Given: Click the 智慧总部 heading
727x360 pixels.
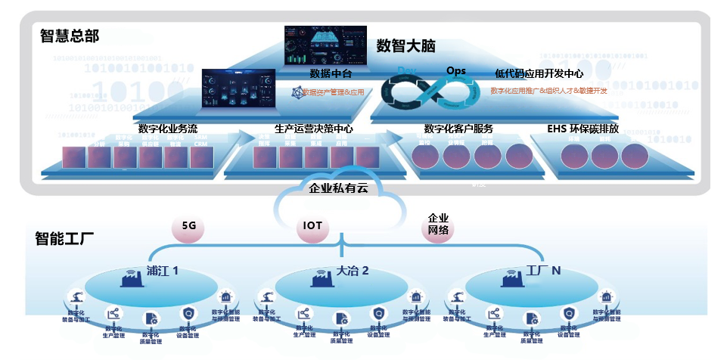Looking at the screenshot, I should pyautogui.click(x=69, y=36).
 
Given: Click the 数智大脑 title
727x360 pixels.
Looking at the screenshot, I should pyautogui.click(x=406, y=45).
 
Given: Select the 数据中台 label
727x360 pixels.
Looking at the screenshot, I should pyautogui.click(x=331, y=73).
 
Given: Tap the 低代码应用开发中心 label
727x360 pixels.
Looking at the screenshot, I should pyautogui.click(x=539, y=73).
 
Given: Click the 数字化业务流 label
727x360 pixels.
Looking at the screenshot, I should pyautogui.click(x=168, y=129).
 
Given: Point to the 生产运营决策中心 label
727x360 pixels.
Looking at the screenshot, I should pyautogui.click(x=313, y=129).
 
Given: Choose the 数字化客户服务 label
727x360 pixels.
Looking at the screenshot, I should pyautogui.click(x=458, y=129).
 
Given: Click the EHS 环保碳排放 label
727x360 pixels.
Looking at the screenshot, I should pyautogui.click(x=583, y=129).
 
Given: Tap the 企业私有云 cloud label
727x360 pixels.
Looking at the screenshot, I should pyautogui.click(x=338, y=188).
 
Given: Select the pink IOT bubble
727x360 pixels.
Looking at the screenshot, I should pyautogui.click(x=313, y=225).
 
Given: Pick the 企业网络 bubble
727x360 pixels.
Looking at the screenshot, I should pyautogui.click(x=438, y=224).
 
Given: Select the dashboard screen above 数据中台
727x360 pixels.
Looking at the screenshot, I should pyautogui.click(x=324, y=45).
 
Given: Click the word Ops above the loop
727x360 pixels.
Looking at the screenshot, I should pyautogui.click(x=456, y=70).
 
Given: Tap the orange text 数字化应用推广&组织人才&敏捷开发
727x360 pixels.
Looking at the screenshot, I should pyautogui.click(x=548, y=91).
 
